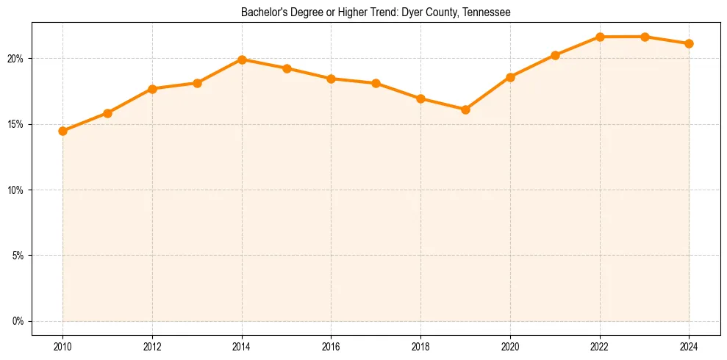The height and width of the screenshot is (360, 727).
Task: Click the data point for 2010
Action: click(x=62, y=131)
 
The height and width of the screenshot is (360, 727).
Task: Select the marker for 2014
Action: click(x=242, y=60)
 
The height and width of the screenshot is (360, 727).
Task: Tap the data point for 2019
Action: click(x=465, y=109)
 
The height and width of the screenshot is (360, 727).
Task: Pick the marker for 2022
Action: click(x=600, y=37)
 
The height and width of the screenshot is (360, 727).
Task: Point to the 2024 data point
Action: click(x=690, y=43)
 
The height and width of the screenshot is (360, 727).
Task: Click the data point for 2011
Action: click(x=107, y=113)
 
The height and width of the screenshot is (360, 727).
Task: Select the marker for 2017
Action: click(x=376, y=83)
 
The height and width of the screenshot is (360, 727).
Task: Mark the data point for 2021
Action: click(x=555, y=55)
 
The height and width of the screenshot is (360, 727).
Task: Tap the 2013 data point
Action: click(x=197, y=83)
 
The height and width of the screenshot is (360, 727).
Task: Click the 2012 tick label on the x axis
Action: click(x=152, y=346)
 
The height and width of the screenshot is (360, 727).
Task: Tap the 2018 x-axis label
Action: click(x=420, y=346)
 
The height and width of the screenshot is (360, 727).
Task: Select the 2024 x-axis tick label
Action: click(x=690, y=346)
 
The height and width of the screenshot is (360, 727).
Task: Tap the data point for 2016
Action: click(x=331, y=79)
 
